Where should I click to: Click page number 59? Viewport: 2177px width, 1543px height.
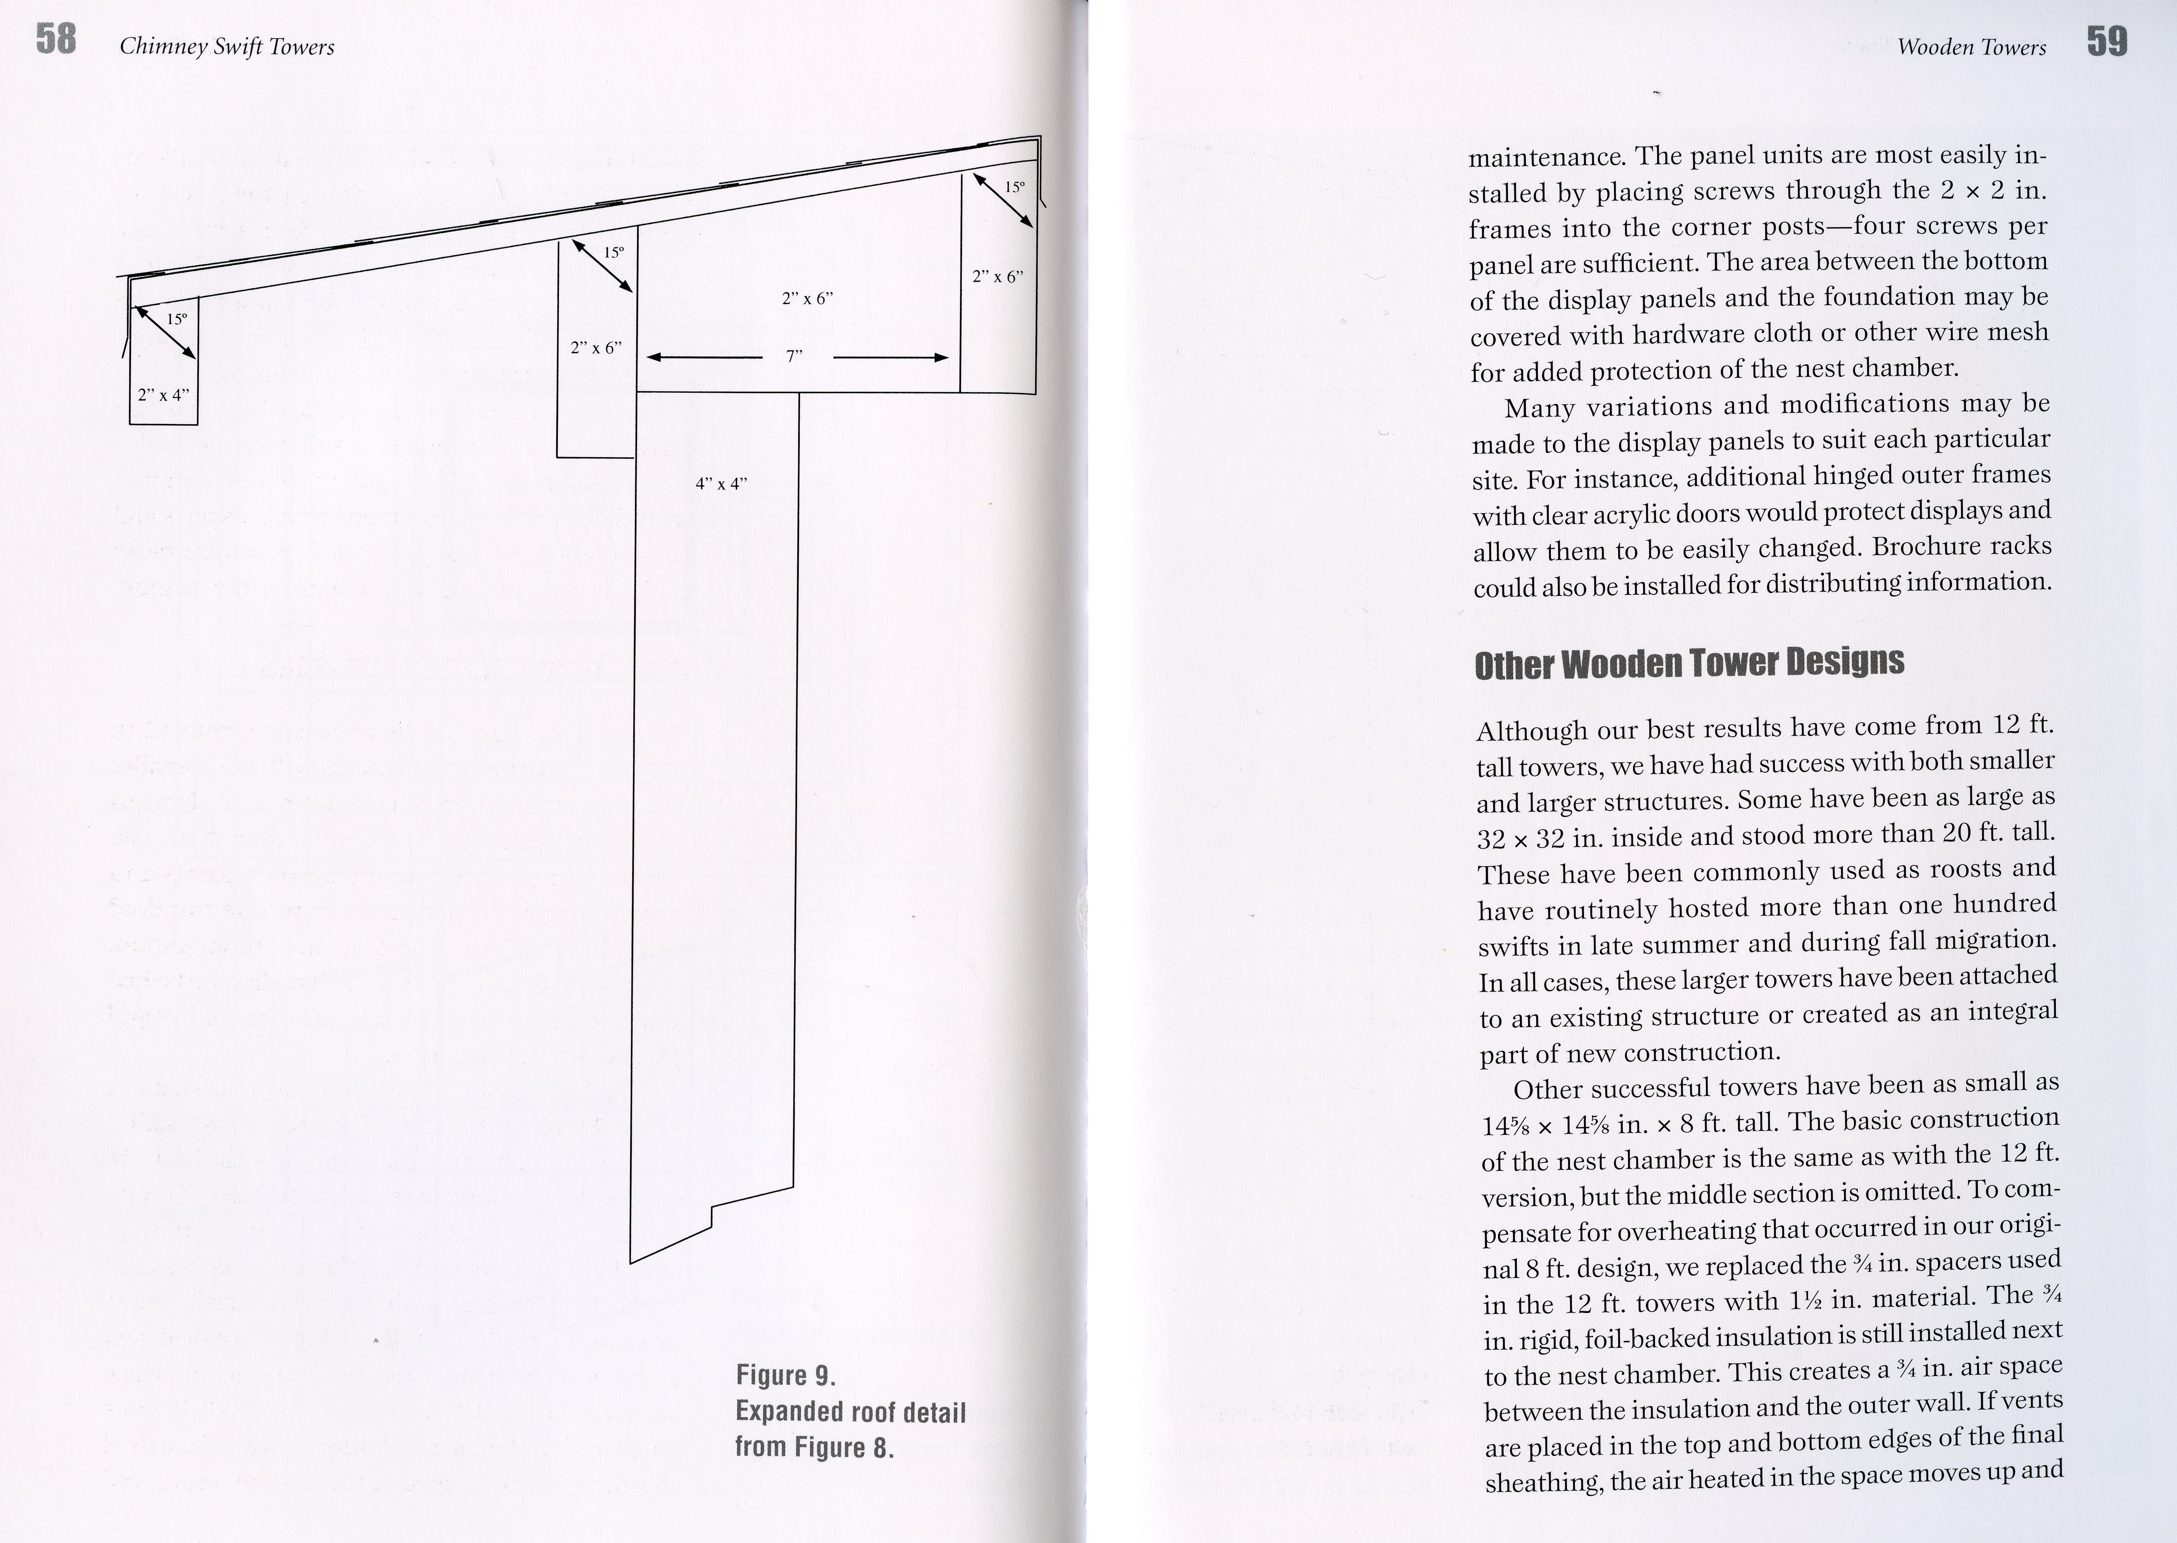pyautogui.click(x=2107, y=42)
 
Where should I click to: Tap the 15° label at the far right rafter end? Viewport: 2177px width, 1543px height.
pyautogui.click(x=1014, y=187)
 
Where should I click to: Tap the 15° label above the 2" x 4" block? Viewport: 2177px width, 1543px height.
pyautogui.click(x=177, y=319)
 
